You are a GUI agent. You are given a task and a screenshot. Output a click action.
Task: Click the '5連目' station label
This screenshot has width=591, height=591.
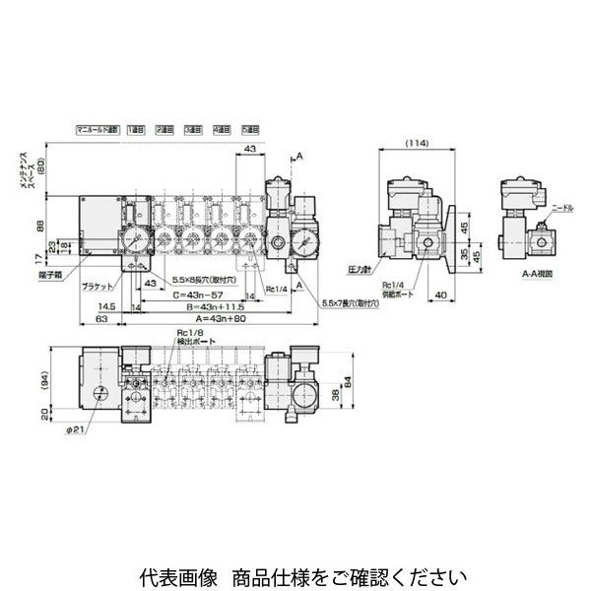click(251, 129)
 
